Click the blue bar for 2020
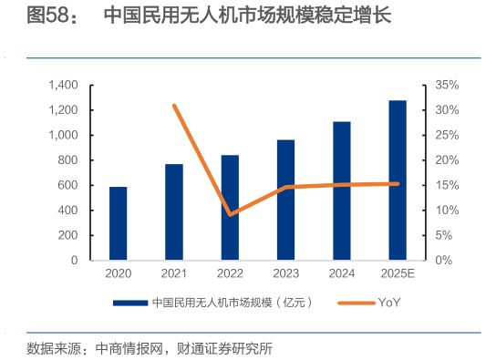coord(119,223)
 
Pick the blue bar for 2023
coord(285,200)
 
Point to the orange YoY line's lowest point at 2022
coord(230,214)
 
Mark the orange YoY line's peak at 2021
coord(174,106)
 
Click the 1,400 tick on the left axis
coord(63,85)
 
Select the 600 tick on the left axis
coord(68,185)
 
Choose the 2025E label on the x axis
coord(398,273)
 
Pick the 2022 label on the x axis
coord(230,273)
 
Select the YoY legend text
coord(389,303)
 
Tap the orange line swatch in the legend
coord(355,303)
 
